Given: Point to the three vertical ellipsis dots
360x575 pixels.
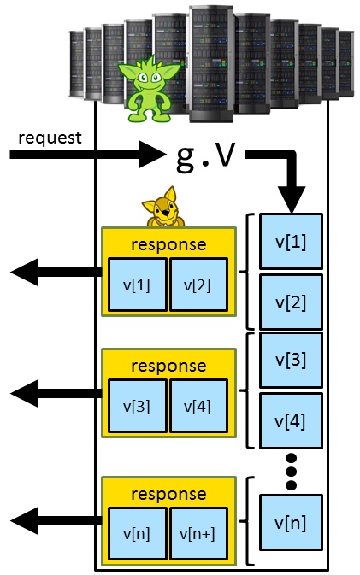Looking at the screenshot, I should (x=290, y=471).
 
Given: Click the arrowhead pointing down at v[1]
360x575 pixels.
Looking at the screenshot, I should (x=290, y=202).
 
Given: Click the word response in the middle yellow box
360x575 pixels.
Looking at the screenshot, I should (x=168, y=366).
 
